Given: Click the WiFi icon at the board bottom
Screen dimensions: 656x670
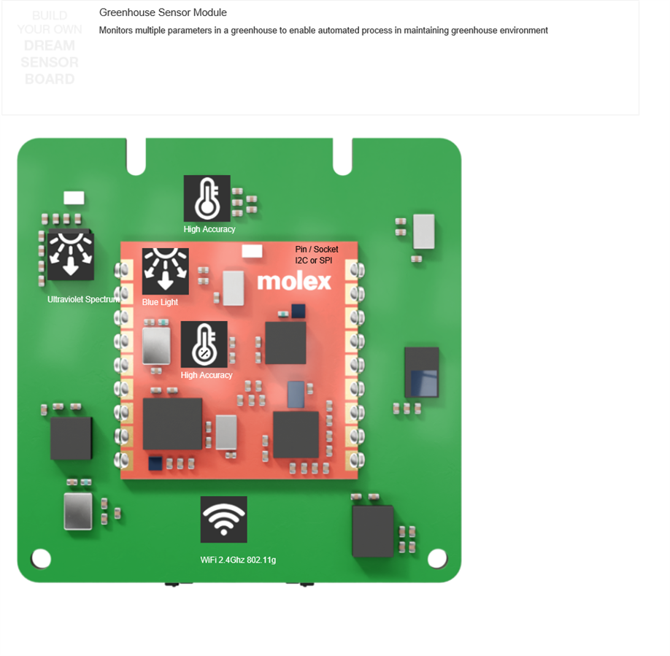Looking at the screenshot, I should point(223,520).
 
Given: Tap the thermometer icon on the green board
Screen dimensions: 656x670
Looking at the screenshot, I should point(207,198).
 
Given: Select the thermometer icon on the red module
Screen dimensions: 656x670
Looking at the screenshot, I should point(204,344).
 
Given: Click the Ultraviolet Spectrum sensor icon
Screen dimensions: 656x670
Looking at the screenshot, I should point(71,257).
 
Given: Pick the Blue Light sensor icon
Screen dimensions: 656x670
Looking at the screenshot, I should point(165,271).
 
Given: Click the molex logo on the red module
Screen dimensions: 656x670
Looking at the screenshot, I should point(294,281).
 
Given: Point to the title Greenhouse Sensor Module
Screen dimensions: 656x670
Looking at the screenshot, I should point(163,12).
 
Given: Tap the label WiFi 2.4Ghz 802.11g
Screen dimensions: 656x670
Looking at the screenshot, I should point(238,560).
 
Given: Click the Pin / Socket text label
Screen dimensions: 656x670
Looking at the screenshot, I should point(317,250).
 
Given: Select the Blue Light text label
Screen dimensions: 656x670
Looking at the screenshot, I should point(160,302).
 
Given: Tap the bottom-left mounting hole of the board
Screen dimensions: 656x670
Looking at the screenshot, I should point(42,559).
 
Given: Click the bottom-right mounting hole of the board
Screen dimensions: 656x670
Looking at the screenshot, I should point(437,559).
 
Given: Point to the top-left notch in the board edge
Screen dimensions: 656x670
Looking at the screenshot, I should point(136,159).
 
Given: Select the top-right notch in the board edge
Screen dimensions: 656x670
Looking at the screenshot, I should point(342,159).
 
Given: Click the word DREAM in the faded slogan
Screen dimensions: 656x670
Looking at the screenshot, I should point(50,46).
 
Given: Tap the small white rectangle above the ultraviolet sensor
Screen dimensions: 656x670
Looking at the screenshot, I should point(74,198).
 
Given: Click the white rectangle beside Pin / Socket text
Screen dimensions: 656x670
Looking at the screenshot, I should point(252,251).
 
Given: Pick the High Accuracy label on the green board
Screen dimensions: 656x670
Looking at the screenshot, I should point(209,229).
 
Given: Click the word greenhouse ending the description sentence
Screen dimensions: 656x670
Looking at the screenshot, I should point(476,31).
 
